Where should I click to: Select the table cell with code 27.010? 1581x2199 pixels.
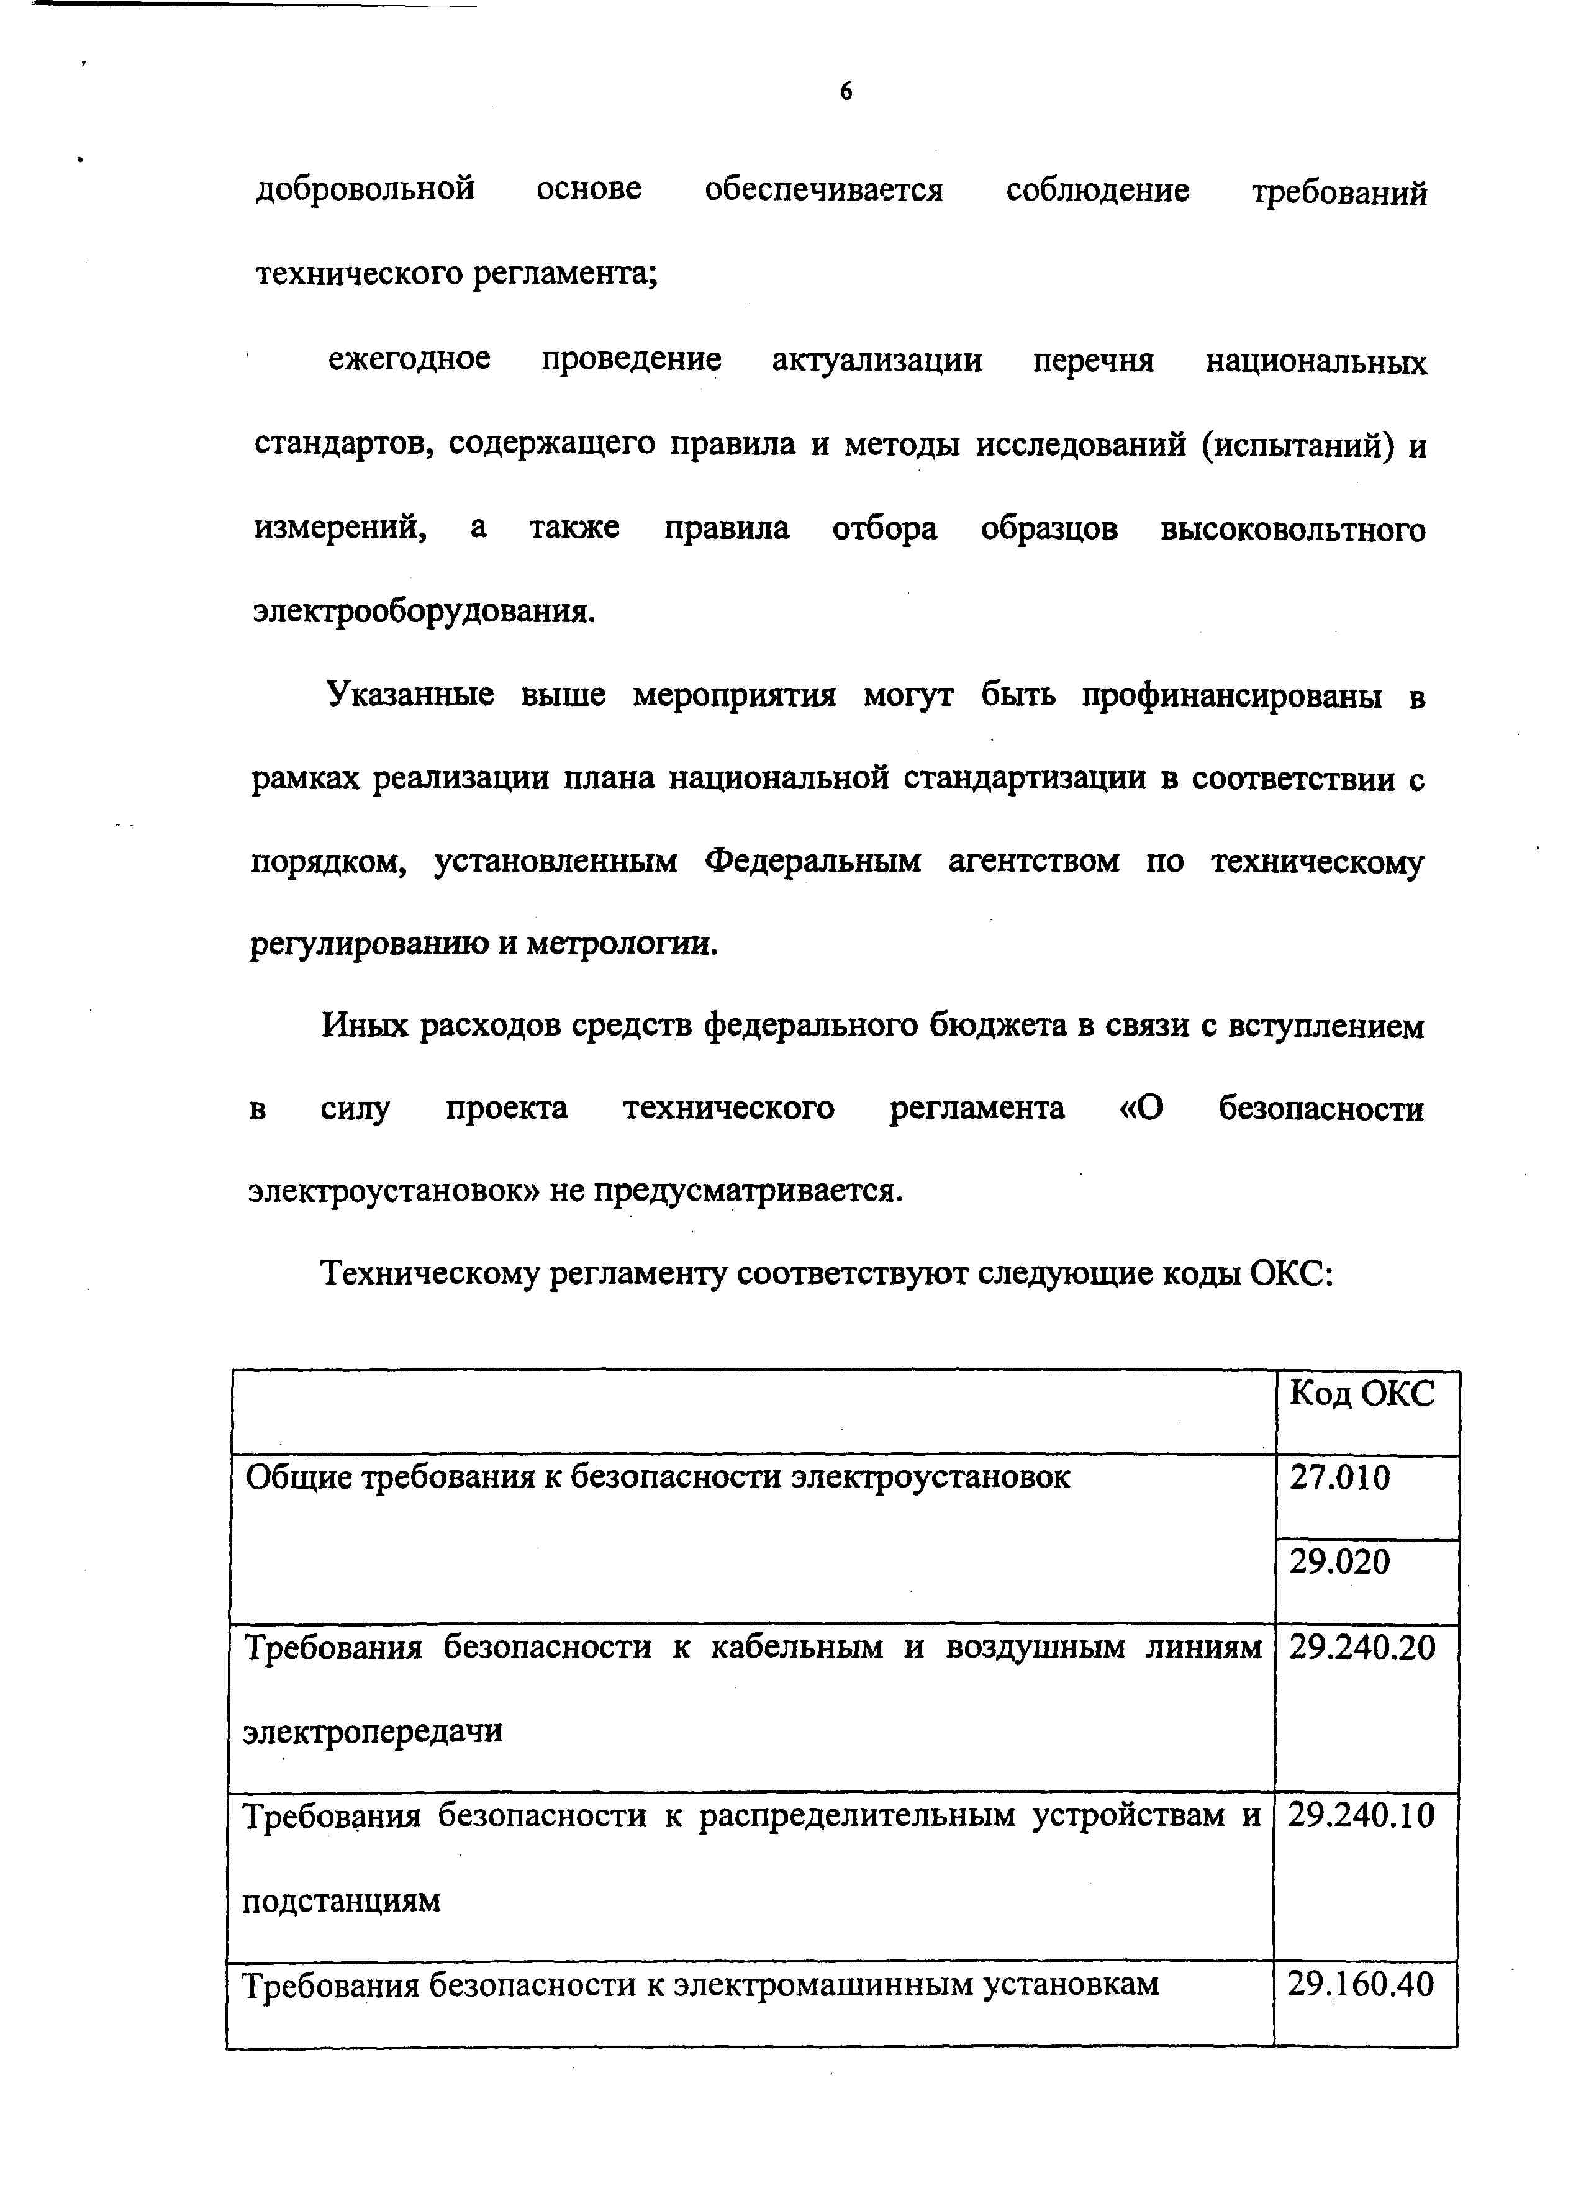1339,1478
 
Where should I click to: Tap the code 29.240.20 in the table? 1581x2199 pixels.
1361,1647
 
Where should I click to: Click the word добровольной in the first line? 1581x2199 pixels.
366,189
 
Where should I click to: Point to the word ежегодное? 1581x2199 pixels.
409,359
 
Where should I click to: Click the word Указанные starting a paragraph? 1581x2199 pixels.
410,694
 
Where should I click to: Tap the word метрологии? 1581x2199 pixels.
621,944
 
